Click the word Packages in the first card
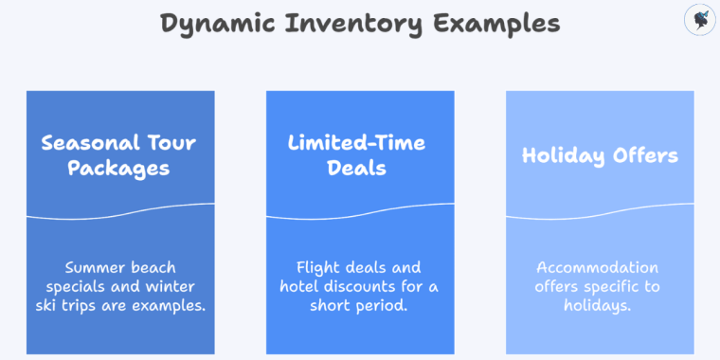coord(119,169)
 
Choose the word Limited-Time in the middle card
coord(357,144)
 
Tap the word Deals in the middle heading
coord(357,169)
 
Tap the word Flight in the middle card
coord(315,268)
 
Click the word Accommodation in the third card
coord(597,268)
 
